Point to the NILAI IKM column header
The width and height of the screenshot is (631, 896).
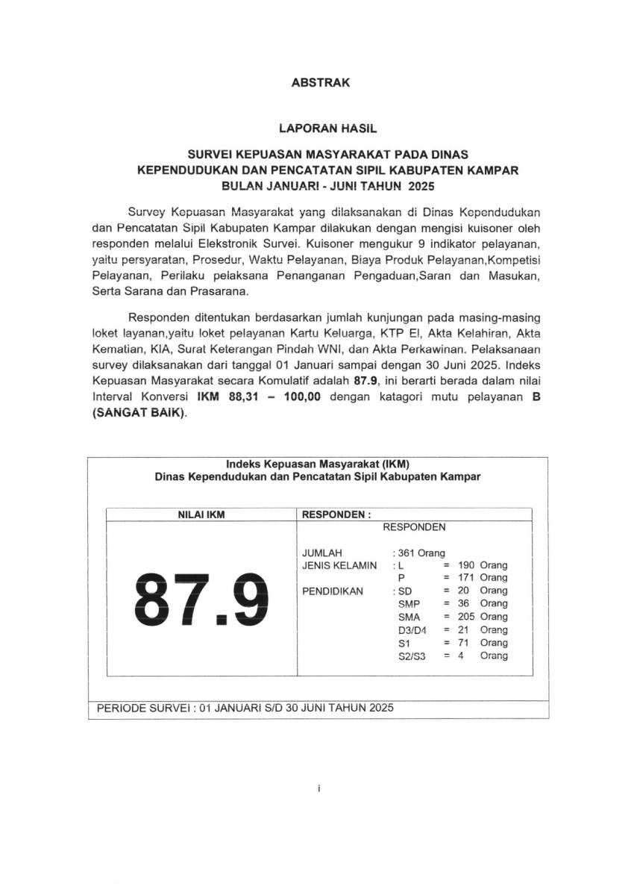200,514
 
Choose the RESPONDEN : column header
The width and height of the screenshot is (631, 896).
336,514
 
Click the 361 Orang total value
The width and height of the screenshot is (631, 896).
418,553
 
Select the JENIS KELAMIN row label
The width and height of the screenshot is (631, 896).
339,565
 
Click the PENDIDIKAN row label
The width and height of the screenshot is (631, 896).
332,591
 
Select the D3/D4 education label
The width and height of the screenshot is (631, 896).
412,630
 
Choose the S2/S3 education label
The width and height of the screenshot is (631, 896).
412,656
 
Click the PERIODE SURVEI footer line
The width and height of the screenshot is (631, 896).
245,707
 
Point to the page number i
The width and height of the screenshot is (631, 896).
318,788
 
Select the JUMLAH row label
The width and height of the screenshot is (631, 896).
321,553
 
